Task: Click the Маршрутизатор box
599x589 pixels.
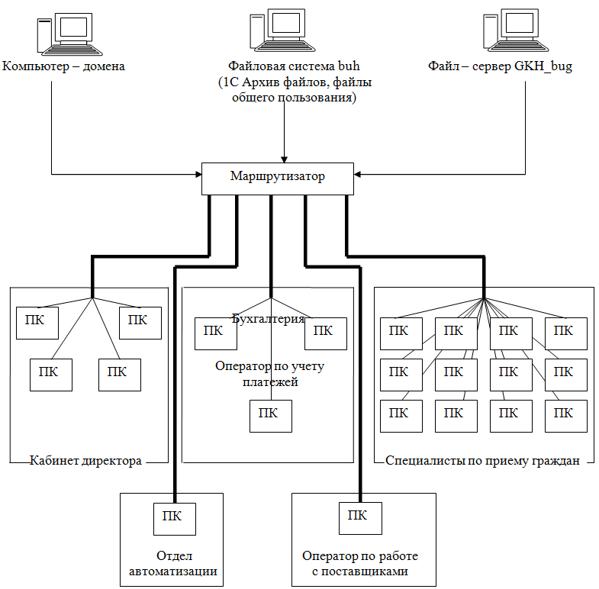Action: (278, 178)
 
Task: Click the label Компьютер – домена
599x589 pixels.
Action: (64, 66)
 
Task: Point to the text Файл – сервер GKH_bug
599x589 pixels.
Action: (500, 66)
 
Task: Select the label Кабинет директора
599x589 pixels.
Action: (85, 461)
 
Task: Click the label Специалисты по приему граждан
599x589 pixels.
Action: (483, 461)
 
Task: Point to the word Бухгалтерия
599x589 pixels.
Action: (269, 319)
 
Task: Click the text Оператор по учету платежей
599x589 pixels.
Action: (270, 374)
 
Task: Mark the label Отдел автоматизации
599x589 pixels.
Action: (171, 563)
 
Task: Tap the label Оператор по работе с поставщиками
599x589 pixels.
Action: (360, 563)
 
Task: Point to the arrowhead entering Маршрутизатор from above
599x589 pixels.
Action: (284, 158)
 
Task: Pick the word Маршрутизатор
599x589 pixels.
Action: (278, 177)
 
